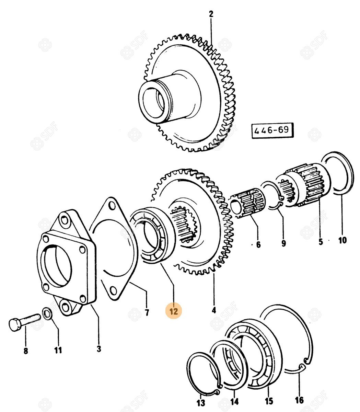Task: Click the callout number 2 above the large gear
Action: point(211,14)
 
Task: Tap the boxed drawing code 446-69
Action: point(272,130)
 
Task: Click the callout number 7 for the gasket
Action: point(147,312)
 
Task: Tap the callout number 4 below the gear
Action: point(214,310)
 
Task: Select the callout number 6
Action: point(258,244)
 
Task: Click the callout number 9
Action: point(283,243)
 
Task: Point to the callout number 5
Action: point(321,241)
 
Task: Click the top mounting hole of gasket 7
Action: point(111,205)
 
